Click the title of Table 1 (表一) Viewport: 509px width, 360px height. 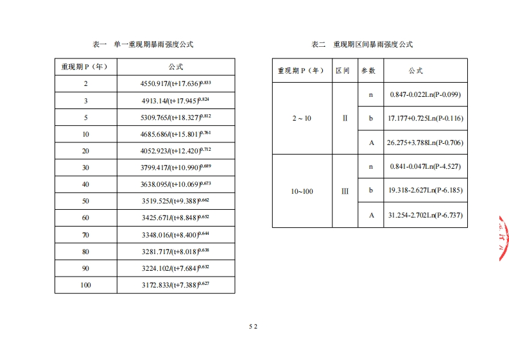point(144,44)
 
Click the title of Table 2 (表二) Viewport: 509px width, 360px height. point(363,44)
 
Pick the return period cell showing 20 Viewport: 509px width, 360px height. point(86,151)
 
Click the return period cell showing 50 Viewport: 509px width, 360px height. point(86,201)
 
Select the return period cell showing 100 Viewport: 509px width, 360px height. point(86,285)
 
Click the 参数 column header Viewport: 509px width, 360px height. point(368,71)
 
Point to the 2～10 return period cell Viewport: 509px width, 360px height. point(302,119)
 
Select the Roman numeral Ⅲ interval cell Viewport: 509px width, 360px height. point(345,191)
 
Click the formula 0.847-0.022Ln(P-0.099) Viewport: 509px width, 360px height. point(426,95)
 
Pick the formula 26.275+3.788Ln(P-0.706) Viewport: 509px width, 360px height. point(426,142)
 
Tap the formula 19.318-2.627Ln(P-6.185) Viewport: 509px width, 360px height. point(426,191)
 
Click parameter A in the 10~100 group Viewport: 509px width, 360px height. point(371,215)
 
